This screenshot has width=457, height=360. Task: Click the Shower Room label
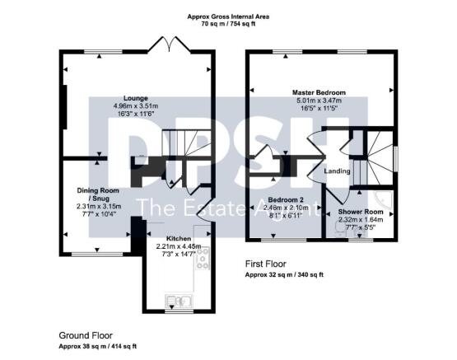coord(361,212)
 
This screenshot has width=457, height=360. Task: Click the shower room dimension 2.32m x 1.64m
coord(361,219)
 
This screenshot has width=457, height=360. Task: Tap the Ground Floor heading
coord(85,336)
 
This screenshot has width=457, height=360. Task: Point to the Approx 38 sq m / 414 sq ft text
coord(97,347)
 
